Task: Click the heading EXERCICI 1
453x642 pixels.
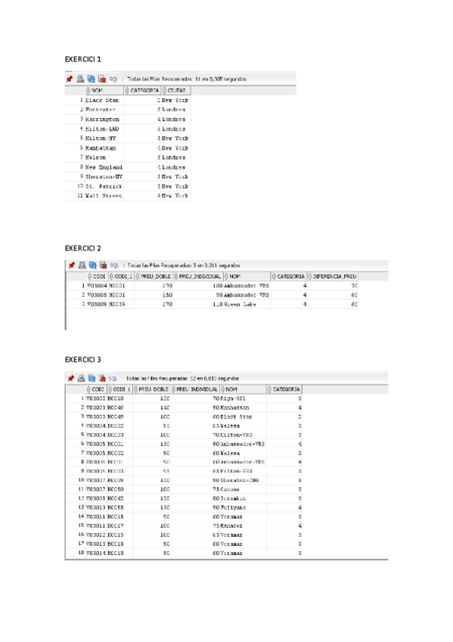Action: [83, 58]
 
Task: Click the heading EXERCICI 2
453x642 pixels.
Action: [83, 248]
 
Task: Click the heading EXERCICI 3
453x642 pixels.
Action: [83, 359]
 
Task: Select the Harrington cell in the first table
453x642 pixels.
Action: [102, 120]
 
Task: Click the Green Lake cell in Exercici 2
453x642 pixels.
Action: [241, 304]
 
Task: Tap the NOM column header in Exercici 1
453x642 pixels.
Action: [98, 90]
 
